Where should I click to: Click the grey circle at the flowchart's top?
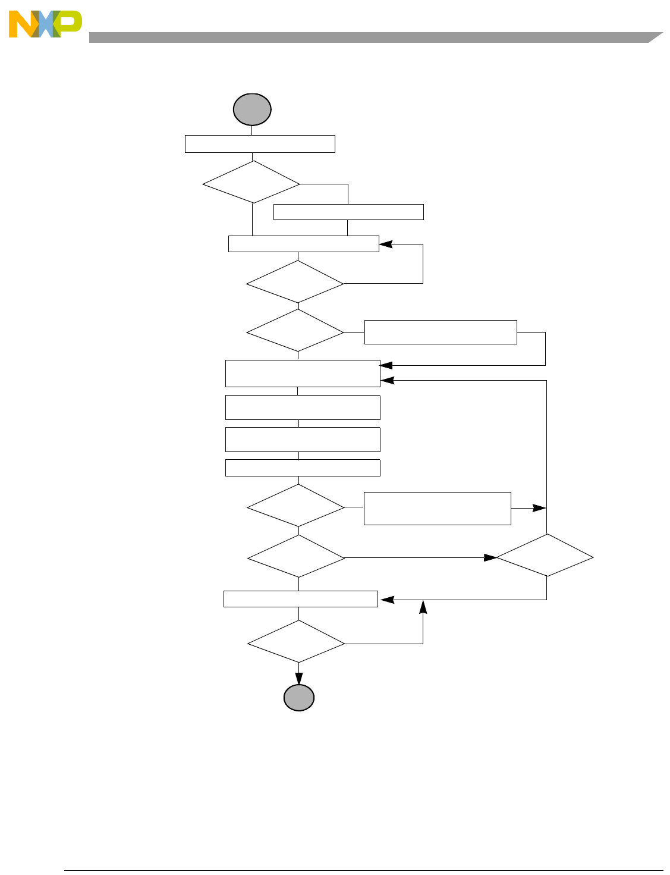252,109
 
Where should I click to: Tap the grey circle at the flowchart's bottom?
298,698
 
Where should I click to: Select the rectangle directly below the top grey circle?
260,144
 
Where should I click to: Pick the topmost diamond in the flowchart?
251,183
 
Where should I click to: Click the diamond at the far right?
545,555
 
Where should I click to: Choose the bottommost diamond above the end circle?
296,642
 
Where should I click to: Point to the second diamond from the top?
295,283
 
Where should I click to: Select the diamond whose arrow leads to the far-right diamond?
296,557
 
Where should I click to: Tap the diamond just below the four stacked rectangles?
295,506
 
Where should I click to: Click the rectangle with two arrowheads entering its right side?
303,374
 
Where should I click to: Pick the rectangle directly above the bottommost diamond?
301,599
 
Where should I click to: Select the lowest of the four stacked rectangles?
303,468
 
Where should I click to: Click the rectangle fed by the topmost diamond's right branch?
348,212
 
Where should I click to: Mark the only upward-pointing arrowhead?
423,606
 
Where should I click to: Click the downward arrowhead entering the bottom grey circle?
299,679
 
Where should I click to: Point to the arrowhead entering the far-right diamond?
490,557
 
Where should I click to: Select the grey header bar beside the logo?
369,37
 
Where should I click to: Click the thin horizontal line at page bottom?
363,871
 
